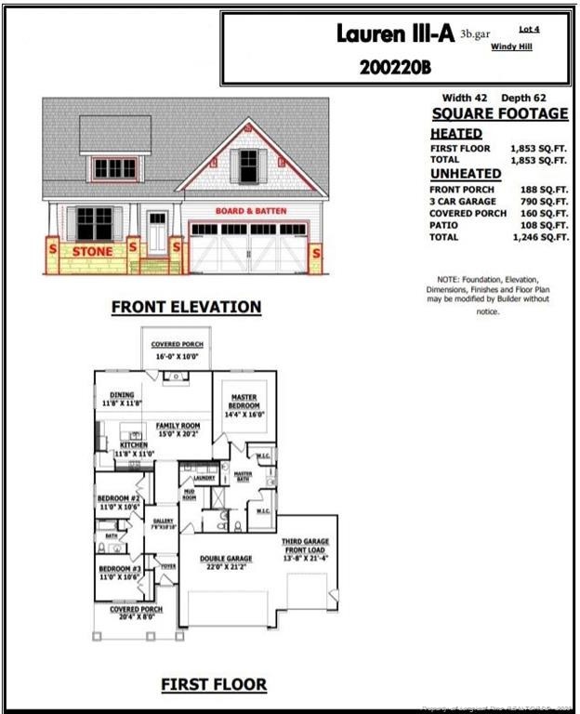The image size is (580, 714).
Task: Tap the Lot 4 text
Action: coord(530,30)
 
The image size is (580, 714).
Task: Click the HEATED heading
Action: coord(455,134)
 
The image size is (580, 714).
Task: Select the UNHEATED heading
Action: coord(465,174)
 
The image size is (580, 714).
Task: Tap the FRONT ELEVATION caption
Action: coord(186,307)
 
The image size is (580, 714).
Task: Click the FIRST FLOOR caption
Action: coord(214,685)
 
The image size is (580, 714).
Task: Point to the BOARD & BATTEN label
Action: coord(251,211)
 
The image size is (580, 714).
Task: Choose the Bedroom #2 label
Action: coord(118,502)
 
